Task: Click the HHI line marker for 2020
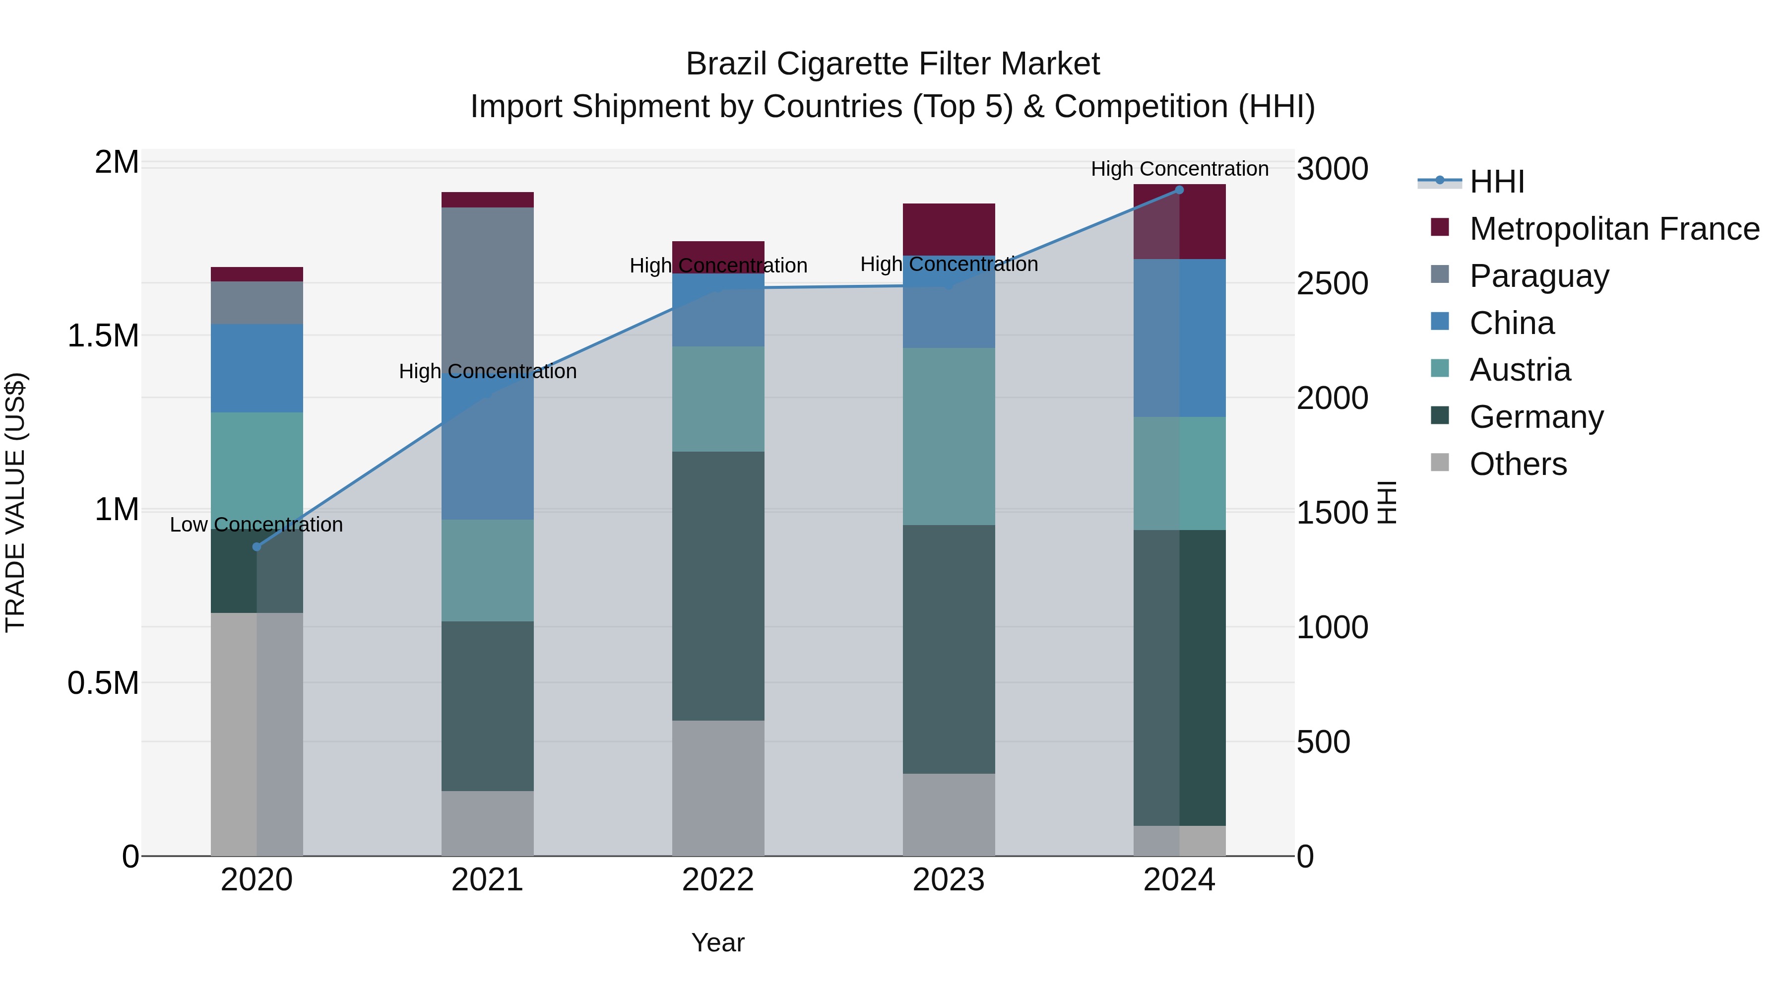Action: pos(256,546)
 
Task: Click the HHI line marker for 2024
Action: pos(1179,190)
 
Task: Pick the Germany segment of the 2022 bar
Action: pos(718,586)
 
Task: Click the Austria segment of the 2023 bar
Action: pos(949,436)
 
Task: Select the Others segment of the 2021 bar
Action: pos(487,823)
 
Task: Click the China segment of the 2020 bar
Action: pos(256,368)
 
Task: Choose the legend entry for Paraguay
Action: pos(1538,276)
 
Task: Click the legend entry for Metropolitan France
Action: pos(1613,229)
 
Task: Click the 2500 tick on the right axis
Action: pos(1332,284)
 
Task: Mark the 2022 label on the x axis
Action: pos(718,880)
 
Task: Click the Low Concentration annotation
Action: pos(256,525)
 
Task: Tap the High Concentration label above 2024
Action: pos(1179,169)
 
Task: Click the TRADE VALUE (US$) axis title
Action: pos(15,502)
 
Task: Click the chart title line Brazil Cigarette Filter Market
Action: pos(893,64)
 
